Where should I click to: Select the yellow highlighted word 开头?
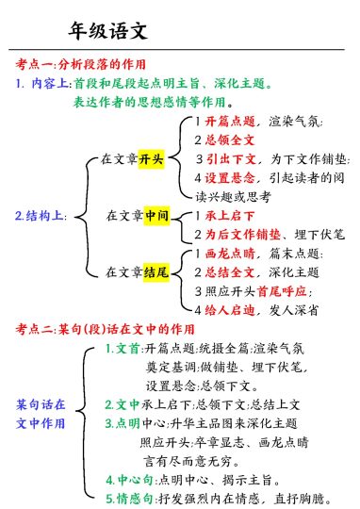152,158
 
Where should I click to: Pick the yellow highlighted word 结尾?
155,271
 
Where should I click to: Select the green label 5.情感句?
128,497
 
